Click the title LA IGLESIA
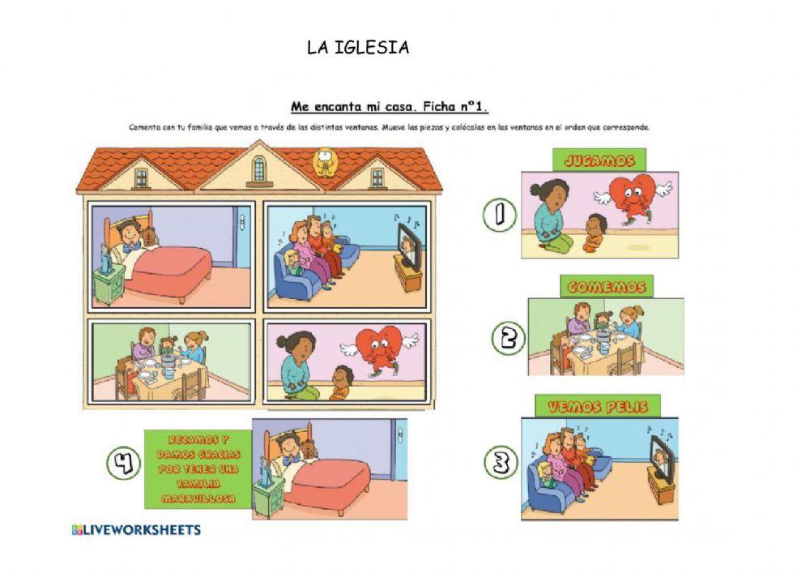[358, 48]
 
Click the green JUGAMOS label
[599, 160]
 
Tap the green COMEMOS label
[606, 287]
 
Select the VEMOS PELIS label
[598, 407]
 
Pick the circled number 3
[501, 464]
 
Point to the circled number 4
[122, 464]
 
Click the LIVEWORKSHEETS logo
[136, 530]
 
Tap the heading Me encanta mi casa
[390, 106]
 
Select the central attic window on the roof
[259, 169]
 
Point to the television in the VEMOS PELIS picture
[662, 460]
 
